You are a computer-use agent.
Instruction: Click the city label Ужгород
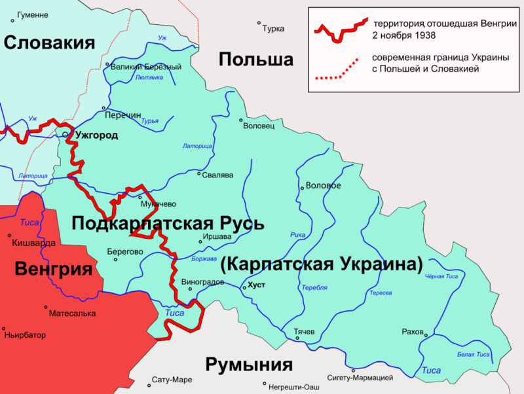(x=96, y=135)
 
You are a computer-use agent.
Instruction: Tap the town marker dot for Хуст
(x=244, y=287)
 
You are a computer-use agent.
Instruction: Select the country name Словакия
(x=50, y=43)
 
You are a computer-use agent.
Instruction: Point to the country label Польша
(x=255, y=60)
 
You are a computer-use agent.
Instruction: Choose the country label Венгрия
(x=53, y=269)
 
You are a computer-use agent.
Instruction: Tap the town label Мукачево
(x=160, y=202)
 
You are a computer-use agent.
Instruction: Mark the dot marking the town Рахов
(x=425, y=337)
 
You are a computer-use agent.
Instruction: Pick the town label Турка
(x=272, y=29)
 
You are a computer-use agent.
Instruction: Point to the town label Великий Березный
(x=145, y=67)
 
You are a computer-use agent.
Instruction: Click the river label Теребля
(x=314, y=288)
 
